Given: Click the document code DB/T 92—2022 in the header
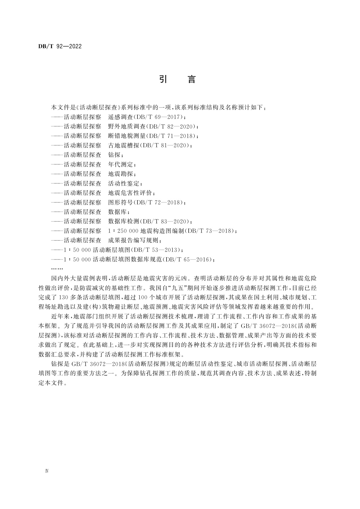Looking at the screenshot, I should coord(60,47).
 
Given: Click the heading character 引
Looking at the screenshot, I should coord(163,79).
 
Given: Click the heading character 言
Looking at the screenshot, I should coord(191,79).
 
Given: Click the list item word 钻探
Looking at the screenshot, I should coord(114,155).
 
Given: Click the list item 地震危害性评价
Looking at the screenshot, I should coord(130,193).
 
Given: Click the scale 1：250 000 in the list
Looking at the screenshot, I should coord(123,231).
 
